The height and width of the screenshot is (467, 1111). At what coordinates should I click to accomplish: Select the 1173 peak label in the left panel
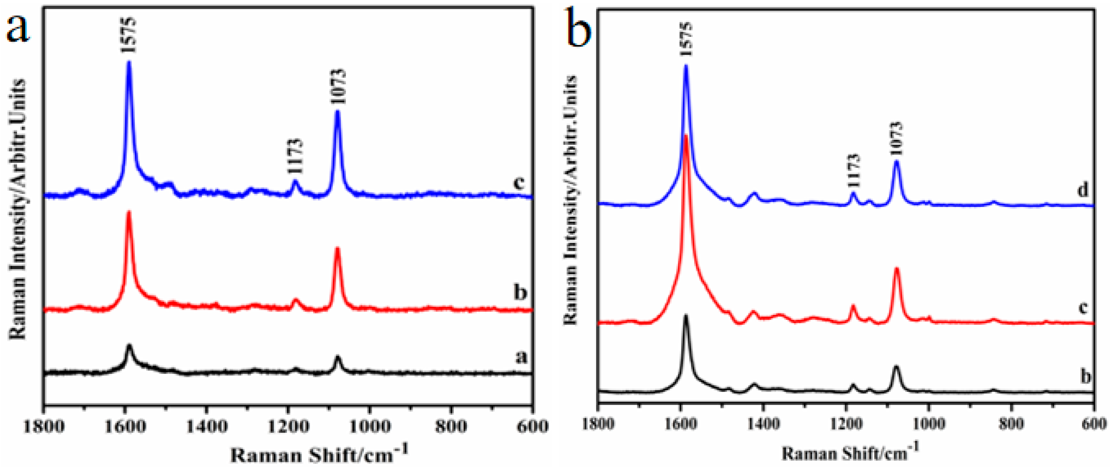296,156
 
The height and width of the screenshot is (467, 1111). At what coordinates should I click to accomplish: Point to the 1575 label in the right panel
686,40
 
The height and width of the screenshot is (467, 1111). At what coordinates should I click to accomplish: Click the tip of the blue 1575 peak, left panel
128,63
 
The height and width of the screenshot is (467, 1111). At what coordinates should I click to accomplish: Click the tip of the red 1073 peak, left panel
337,249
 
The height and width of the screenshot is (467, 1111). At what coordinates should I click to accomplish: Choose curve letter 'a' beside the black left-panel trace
522,357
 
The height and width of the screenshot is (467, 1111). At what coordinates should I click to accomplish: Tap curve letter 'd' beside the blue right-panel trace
1083,190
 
